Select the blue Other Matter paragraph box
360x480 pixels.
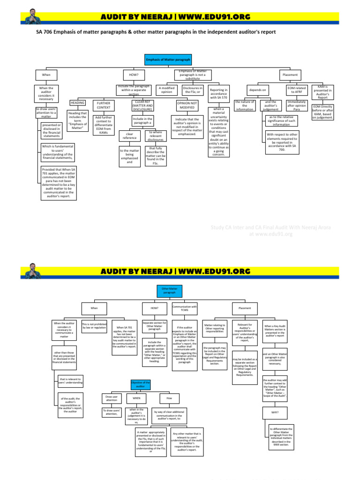pos(169,291)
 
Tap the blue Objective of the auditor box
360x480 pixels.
pos(140,384)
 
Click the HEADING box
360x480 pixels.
pos(77,102)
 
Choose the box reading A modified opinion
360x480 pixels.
pos(167,90)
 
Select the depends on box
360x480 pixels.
pos(257,90)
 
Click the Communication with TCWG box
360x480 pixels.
pos(185,308)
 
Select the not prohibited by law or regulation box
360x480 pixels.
pos(94,326)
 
